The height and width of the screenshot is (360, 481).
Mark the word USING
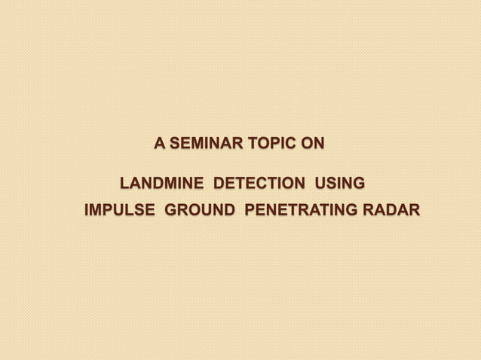pyautogui.click(x=340, y=183)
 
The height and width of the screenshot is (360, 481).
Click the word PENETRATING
pyautogui.click(x=302, y=209)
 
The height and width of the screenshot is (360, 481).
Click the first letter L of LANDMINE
pyautogui.click(x=125, y=183)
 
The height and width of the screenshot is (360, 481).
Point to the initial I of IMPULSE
pyautogui.click(x=86, y=209)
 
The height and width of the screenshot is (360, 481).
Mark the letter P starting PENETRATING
pyautogui.click(x=250, y=209)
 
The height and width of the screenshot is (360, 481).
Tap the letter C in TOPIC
pyautogui.click(x=287, y=143)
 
